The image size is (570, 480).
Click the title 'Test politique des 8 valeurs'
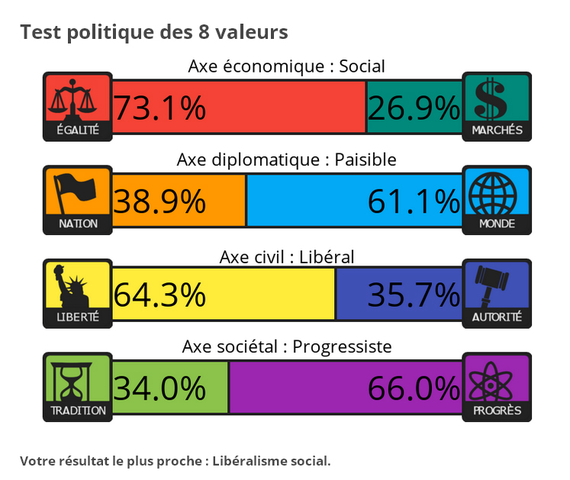(153, 32)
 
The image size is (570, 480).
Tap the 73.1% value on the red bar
(159, 108)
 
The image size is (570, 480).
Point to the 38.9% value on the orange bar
(159, 201)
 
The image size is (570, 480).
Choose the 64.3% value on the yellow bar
(159, 294)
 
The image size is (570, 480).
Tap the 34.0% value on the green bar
(159, 388)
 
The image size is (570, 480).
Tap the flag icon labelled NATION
(78, 191)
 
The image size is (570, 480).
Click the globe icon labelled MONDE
(497, 191)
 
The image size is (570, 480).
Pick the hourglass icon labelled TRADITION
(78, 379)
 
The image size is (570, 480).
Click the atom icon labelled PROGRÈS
(497, 379)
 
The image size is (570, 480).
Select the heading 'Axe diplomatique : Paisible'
(286, 159)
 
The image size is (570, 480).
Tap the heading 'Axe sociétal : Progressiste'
(286, 346)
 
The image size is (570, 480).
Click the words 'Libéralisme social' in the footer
(271, 461)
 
